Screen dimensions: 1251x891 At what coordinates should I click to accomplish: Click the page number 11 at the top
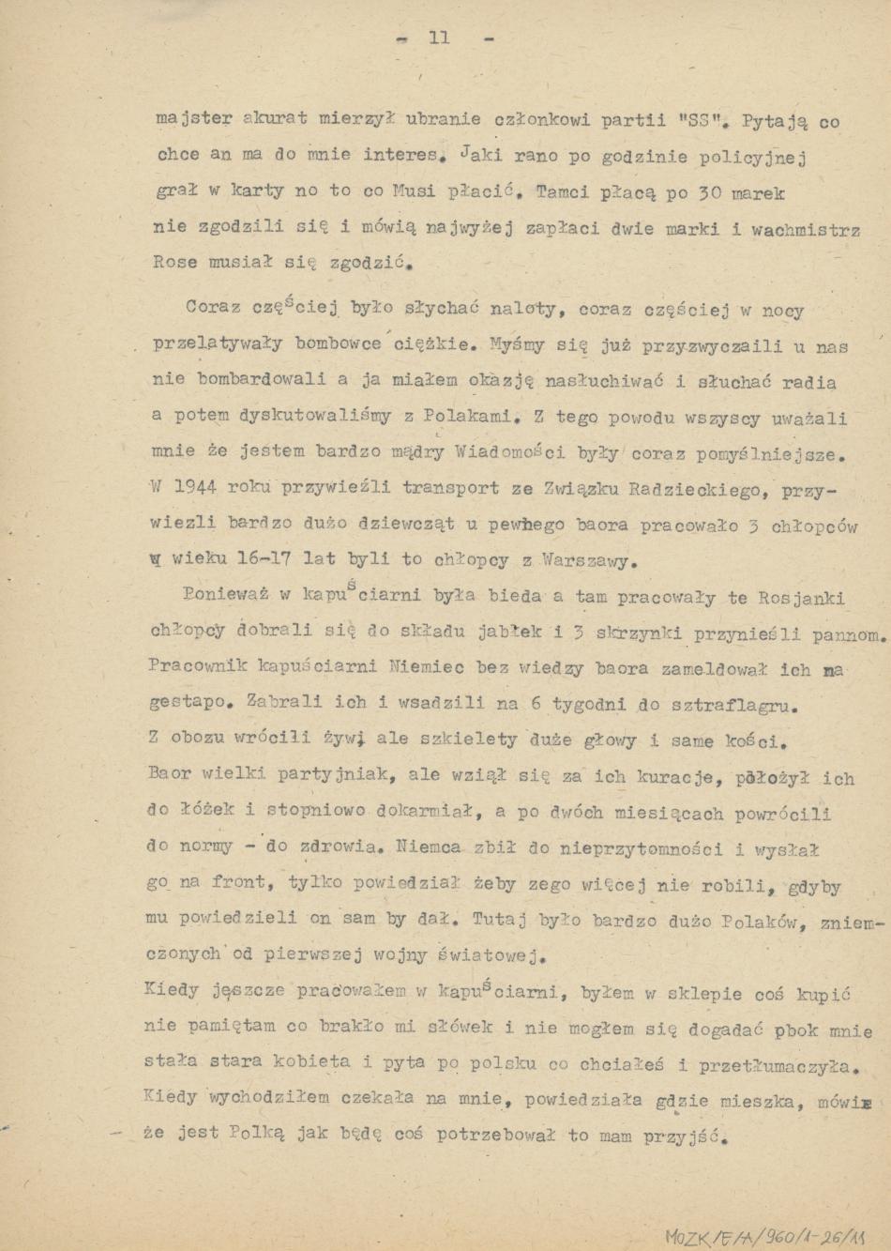(439, 38)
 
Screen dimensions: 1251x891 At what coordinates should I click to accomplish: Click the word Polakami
(466, 415)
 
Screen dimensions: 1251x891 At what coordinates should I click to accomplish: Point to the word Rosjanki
(800, 598)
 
